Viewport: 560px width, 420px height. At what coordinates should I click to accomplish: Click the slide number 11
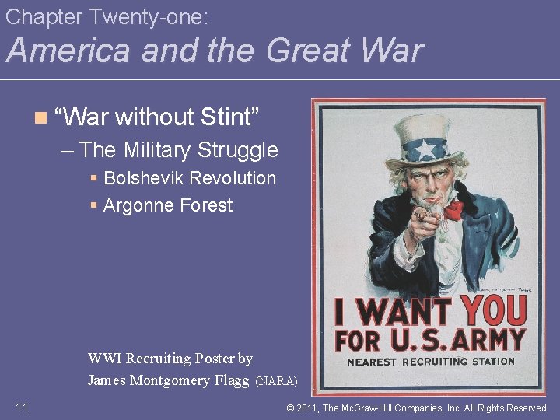(22, 408)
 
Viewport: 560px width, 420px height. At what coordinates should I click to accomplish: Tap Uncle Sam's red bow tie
(453, 208)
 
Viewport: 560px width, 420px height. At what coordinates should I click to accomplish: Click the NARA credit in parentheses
(276, 381)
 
